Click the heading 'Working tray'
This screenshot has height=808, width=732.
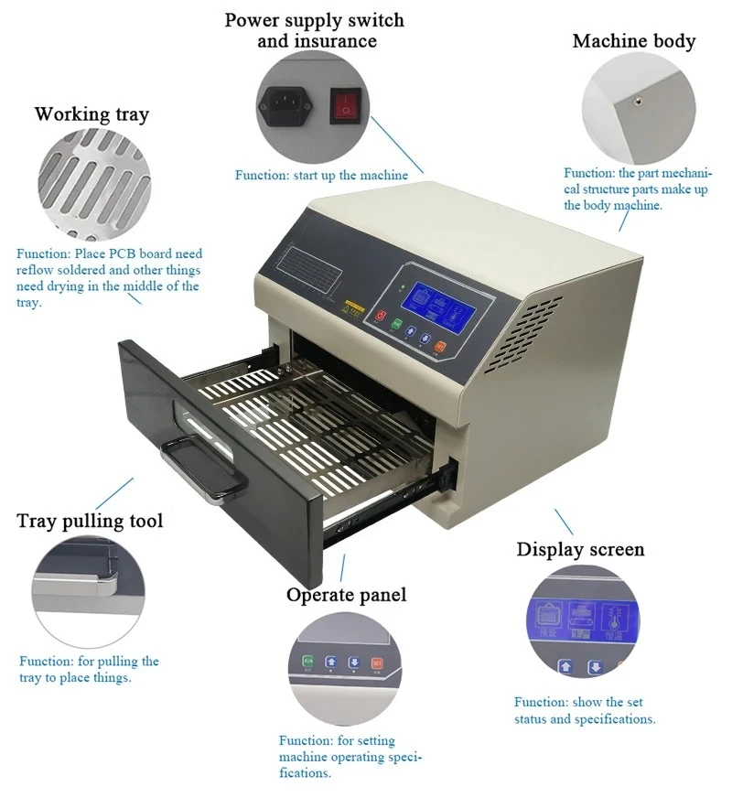pos(91,114)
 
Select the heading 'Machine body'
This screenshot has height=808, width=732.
pos(633,41)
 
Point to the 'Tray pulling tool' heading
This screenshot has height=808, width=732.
pos(90,522)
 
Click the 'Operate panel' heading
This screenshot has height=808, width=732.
pos(346,595)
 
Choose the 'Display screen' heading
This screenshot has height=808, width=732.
pos(580,549)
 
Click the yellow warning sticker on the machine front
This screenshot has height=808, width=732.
pos(352,304)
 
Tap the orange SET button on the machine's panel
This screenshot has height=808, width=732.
pos(439,347)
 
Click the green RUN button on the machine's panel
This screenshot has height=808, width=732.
pos(396,324)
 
